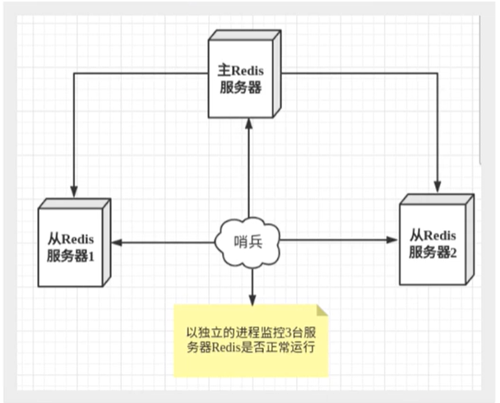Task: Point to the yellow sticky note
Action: (x=251, y=340)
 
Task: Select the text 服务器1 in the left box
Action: (x=72, y=253)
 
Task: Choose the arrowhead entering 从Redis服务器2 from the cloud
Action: (x=391, y=240)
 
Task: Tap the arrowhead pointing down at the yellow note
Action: (x=250, y=297)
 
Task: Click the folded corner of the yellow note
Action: (x=322, y=310)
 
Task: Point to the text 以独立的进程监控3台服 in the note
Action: (x=251, y=332)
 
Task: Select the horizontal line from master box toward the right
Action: (x=362, y=72)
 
